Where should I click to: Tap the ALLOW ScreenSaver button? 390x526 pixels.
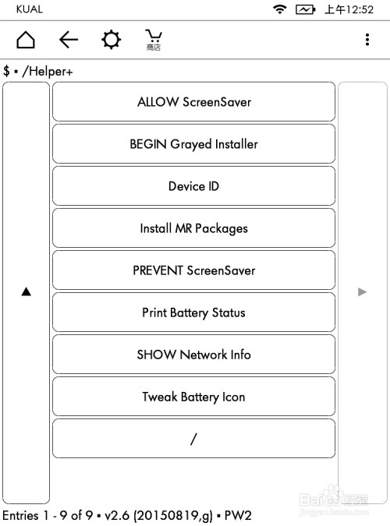click(x=193, y=102)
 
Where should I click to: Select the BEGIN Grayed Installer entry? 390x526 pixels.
click(x=193, y=144)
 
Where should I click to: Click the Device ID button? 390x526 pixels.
click(x=193, y=186)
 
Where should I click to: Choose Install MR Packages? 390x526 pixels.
click(x=193, y=228)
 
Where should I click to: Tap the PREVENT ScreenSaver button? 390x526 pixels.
click(x=193, y=270)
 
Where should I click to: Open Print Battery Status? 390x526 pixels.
click(x=193, y=312)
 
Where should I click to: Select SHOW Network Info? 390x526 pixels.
click(x=193, y=355)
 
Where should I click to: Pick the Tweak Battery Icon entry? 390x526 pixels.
click(x=193, y=397)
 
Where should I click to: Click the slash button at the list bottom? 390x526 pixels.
click(x=193, y=439)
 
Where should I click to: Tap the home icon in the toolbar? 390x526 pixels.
click(x=26, y=40)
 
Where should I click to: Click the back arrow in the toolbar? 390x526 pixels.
click(x=69, y=40)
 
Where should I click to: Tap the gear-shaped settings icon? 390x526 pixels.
click(x=112, y=40)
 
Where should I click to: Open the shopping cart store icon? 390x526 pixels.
click(x=154, y=39)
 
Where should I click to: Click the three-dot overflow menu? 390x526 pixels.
click(x=367, y=40)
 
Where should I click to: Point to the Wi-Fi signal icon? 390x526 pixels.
click(x=279, y=9)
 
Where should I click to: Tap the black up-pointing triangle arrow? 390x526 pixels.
click(x=26, y=291)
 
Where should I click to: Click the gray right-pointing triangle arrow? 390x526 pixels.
click(x=362, y=291)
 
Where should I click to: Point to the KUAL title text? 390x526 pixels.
click(x=29, y=9)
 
